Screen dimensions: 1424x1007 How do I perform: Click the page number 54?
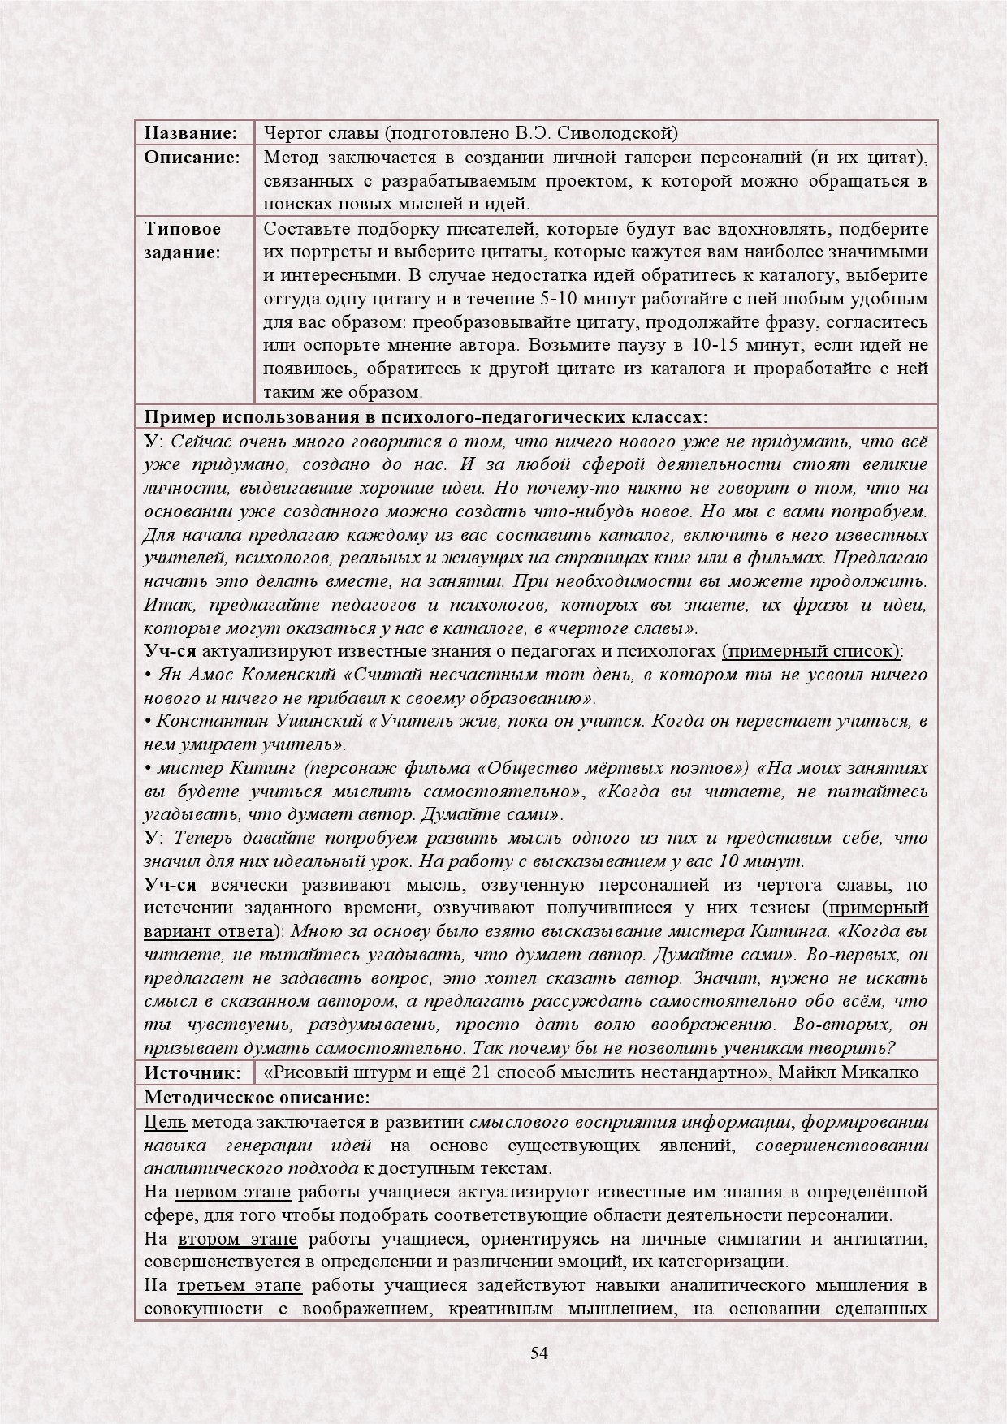click(539, 1352)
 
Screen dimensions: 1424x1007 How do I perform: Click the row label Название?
click(190, 132)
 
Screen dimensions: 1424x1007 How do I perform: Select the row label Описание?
click(192, 157)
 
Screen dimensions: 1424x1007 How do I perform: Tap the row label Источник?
click(192, 1072)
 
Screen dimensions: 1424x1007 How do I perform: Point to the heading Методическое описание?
click(257, 1097)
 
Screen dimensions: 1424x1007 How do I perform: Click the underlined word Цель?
click(165, 1122)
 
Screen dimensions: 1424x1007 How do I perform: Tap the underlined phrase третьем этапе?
click(240, 1285)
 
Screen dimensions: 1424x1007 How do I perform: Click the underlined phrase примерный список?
click(810, 651)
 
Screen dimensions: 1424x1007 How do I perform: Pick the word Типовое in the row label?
click(183, 228)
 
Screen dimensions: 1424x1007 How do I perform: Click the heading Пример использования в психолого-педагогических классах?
click(426, 417)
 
